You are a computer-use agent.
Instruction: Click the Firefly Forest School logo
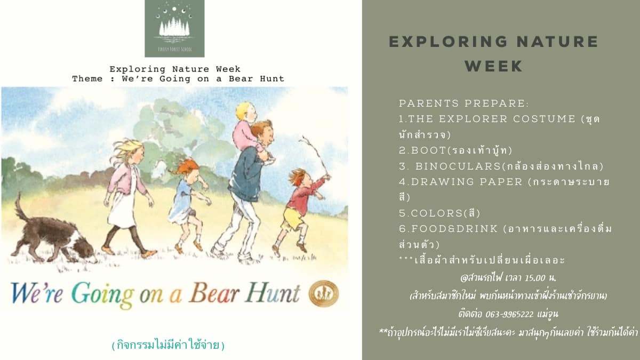174,28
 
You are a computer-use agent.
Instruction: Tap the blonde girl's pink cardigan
126,181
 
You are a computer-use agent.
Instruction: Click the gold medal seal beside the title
324,293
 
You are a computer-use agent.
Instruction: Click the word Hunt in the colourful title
272,292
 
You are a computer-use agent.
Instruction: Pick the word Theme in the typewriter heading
87,78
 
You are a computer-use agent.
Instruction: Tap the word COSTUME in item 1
544,119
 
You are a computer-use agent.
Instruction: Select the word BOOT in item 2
429,150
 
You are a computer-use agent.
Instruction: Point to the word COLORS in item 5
437,213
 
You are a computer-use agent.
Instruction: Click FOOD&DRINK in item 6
454,229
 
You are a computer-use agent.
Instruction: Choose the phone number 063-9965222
509,314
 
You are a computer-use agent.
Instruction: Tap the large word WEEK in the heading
494,66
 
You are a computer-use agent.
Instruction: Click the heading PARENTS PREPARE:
463,103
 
